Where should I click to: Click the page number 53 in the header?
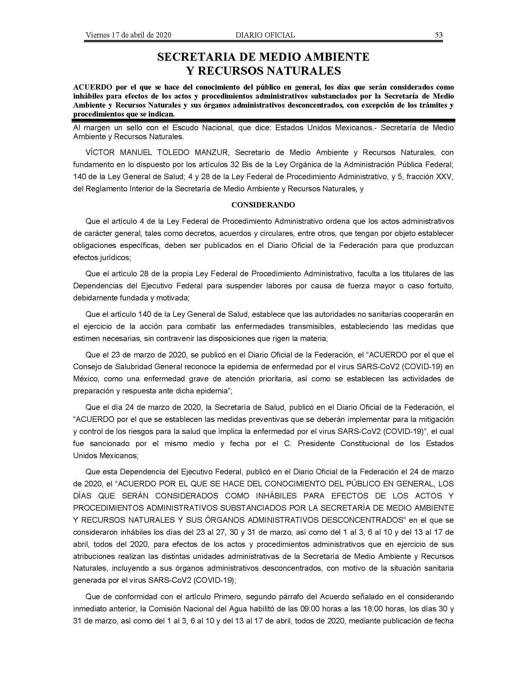[x=438, y=35]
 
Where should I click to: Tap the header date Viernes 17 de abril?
[x=128, y=35]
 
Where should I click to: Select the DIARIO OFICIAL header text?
[x=265, y=35]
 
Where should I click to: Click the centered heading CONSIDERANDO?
[x=263, y=205]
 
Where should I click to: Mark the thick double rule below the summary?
[x=263, y=120]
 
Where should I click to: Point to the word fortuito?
[x=440, y=286]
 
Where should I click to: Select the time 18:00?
[x=374, y=609]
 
